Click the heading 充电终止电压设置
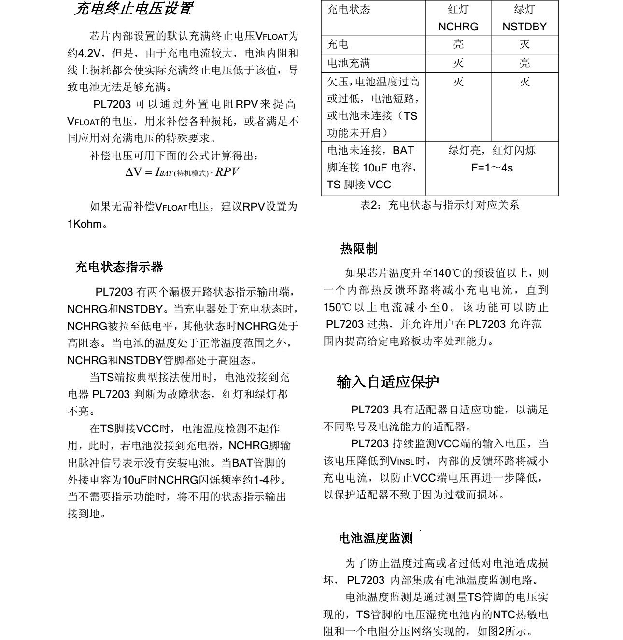134,9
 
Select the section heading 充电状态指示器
119,267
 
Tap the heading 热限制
359,249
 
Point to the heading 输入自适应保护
388,382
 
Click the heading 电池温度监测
375,538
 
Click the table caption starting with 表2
439,205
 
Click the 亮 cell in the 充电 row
458,44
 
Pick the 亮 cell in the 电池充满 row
524,63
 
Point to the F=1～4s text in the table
492,168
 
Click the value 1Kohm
85,224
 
